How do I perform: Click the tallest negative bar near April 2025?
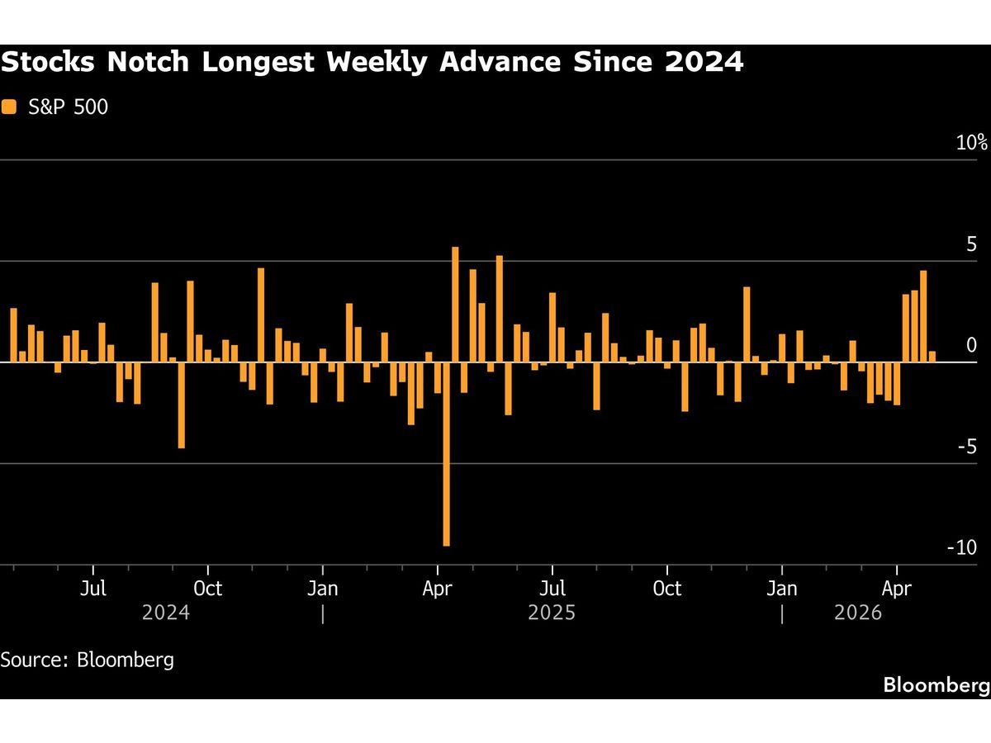(446, 454)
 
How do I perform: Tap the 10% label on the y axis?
(972, 142)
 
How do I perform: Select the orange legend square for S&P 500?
(9, 106)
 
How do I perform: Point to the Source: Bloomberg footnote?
(87, 660)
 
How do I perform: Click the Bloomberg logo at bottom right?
(936, 684)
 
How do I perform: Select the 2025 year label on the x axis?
(552, 613)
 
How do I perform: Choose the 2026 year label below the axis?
(858, 613)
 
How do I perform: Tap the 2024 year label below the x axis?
(166, 613)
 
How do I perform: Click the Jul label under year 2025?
(552, 589)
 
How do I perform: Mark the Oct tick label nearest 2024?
(208, 589)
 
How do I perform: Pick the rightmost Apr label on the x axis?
(897, 589)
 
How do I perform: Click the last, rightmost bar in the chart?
(932, 357)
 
